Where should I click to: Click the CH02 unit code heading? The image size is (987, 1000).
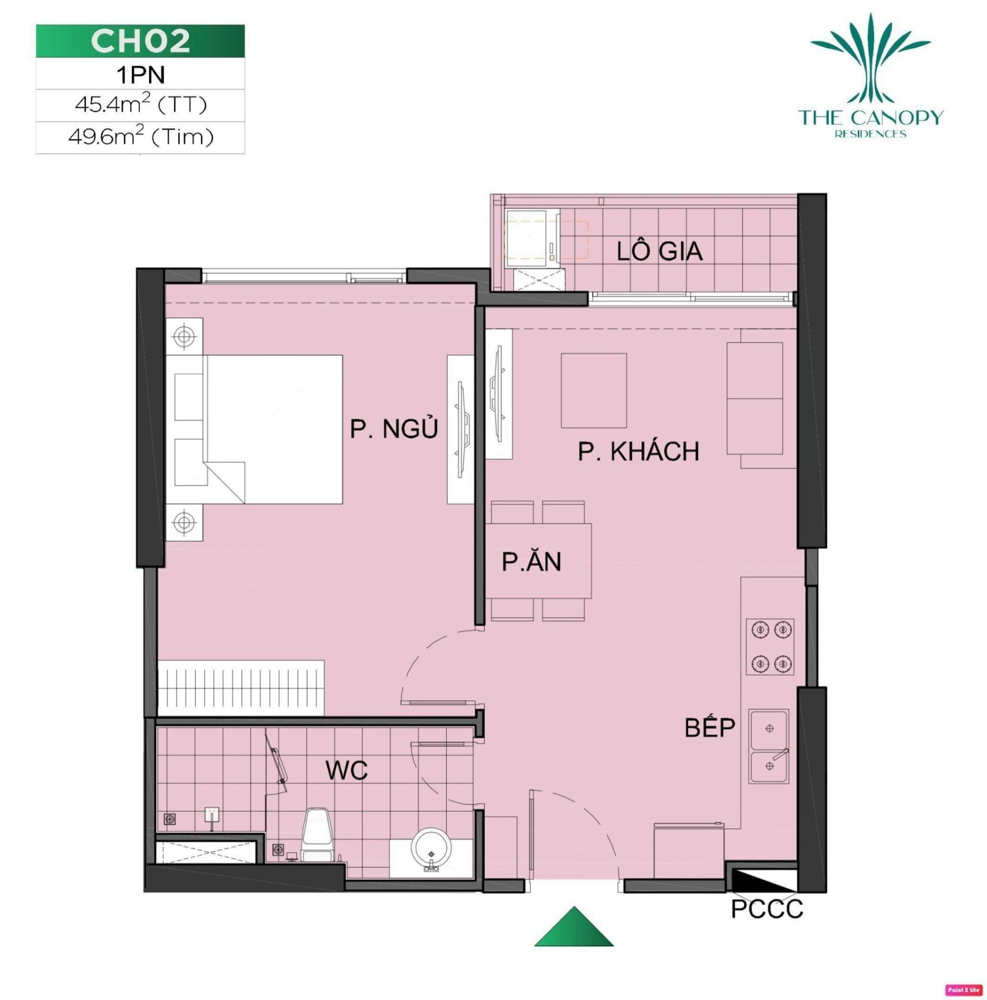[x=140, y=41]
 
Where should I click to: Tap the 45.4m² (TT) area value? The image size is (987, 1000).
[x=141, y=105]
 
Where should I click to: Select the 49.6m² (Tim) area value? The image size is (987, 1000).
[x=141, y=137]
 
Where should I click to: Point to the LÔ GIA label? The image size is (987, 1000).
[x=659, y=252]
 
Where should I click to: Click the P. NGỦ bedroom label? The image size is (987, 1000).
[x=393, y=429]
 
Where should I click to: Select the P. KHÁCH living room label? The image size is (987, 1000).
[x=638, y=452]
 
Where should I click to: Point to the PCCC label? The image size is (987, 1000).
[x=767, y=909]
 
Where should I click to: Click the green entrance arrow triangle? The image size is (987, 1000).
[x=574, y=926]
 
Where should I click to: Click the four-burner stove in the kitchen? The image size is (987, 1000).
[x=770, y=646]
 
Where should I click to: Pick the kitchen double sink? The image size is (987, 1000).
[x=769, y=745]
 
